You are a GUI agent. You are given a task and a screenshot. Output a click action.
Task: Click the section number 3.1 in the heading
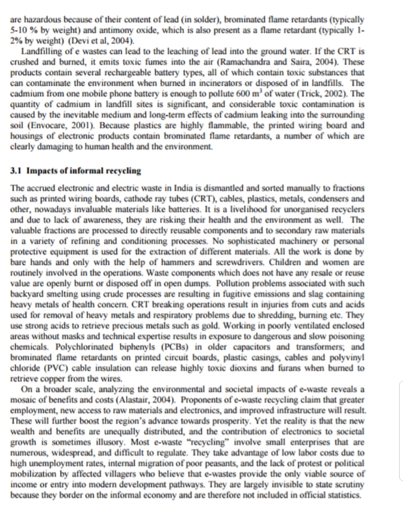point(17,171)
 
